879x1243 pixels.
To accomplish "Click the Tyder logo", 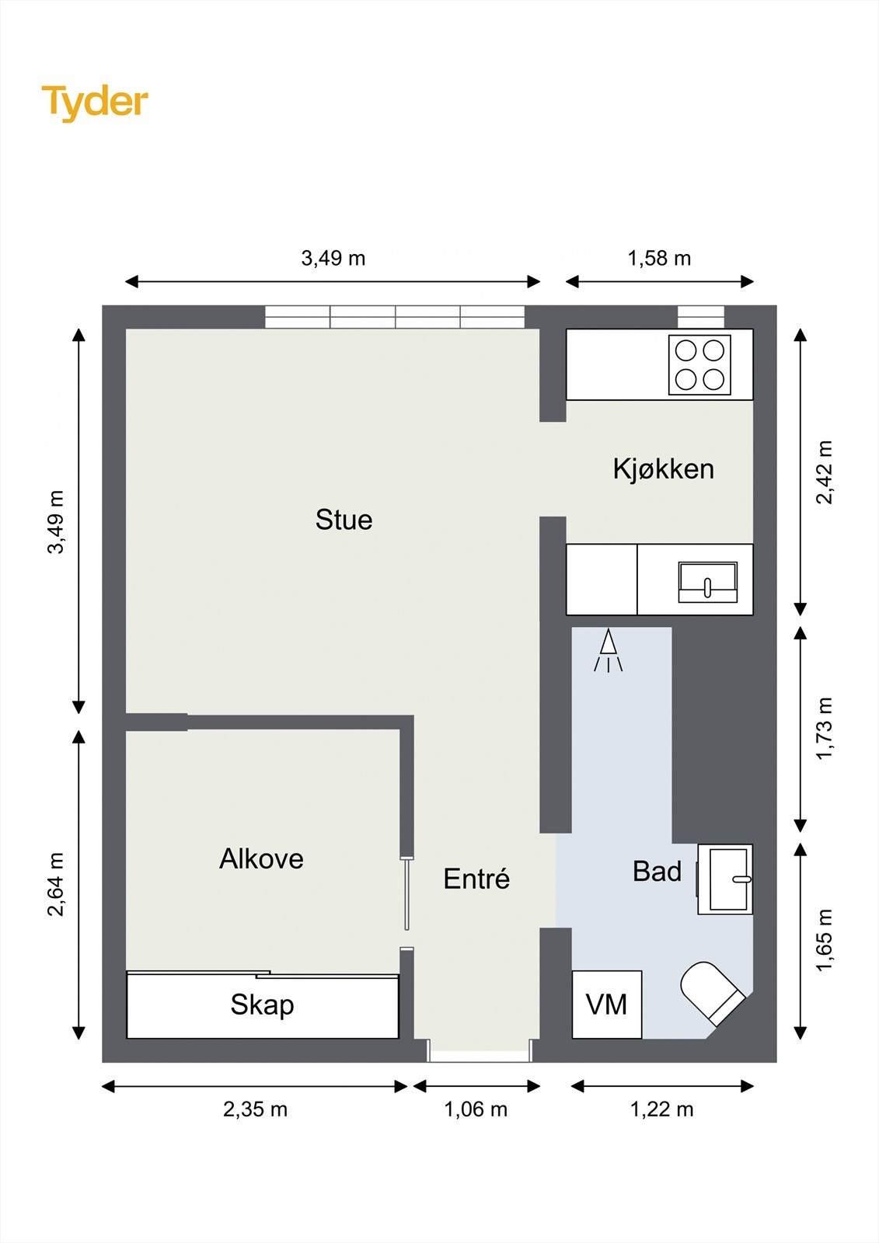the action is (x=95, y=103).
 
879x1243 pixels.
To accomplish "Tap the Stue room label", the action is (x=344, y=520).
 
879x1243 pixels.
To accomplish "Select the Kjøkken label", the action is (x=663, y=469).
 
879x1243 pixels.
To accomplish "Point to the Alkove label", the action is (x=262, y=858).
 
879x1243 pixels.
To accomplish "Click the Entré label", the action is (x=476, y=879).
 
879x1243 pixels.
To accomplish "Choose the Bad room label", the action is (x=657, y=871).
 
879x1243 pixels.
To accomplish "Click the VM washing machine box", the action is (x=607, y=1004).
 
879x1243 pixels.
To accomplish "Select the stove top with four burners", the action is (x=699, y=364).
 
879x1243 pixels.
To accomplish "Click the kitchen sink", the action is (x=708, y=582).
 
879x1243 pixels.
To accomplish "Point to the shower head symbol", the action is (x=609, y=650).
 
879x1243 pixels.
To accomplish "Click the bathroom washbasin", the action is (x=725, y=879).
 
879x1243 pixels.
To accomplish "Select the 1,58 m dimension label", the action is (x=659, y=258).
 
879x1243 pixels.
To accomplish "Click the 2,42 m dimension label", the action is (x=825, y=472).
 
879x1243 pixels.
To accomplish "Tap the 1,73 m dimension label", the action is (x=825, y=729).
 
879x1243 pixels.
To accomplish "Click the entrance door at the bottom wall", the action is (x=480, y=1050).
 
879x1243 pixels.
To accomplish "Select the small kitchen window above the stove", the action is (x=701, y=317).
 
